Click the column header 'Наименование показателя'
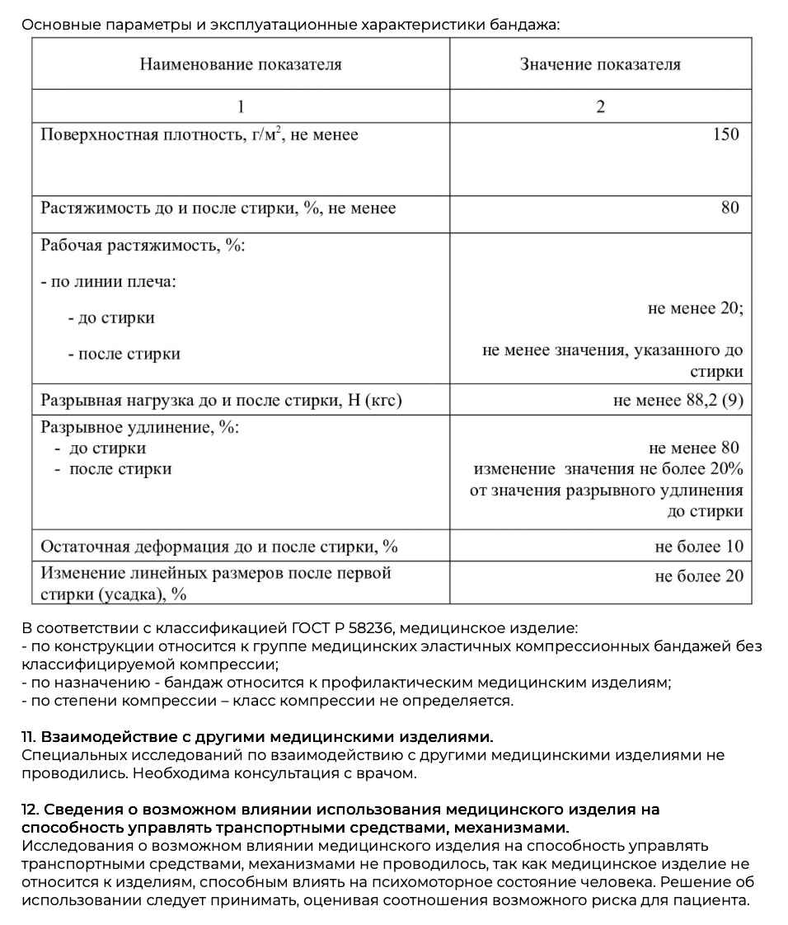click(240, 64)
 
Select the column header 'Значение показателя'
click(600, 64)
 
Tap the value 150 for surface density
click(726, 134)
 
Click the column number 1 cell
click(241, 106)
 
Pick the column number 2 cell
click(600, 106)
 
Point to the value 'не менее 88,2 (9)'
click(678, 401)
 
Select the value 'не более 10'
click(699, 546)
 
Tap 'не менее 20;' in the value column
click(696, 308)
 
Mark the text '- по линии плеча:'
click(109, 281)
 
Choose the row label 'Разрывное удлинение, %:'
click(140, 427)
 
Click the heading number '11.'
click(29, 736)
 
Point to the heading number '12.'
click(30, 810)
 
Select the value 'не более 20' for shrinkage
click(699, 575)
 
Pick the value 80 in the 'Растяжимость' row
click(730, 208)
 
